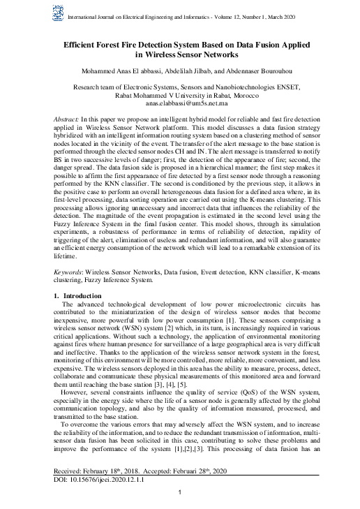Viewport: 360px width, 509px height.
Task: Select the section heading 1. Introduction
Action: (78, 297)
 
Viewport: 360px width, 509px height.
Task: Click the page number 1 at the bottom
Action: (180, 493)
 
